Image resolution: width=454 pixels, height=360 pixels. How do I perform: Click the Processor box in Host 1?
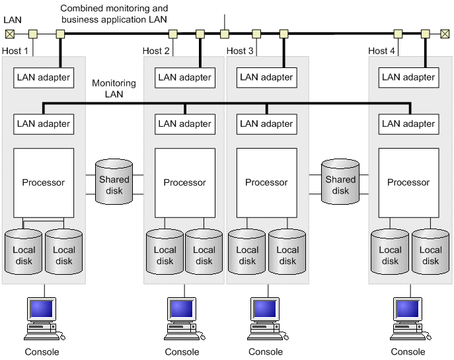pyautogui.click(x=44, y=183)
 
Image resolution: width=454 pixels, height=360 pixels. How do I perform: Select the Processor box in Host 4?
pyautogui.click(x=408, y=183)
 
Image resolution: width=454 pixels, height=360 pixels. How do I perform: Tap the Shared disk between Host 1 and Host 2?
pyautogui.click(x=114, y=180)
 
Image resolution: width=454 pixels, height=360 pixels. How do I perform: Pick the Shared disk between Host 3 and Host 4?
pyautogui.click(x=340, y=180)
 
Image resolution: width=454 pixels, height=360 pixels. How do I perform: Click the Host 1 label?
pyautogui.click(x=16, y=51)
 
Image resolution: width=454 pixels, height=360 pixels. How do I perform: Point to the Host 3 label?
pyautogui.click(x=240, y=51)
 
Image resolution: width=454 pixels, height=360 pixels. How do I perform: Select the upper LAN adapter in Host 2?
pyautogui.click(x=185, y=77)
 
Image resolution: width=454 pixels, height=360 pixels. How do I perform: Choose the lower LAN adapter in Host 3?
pyautogui.click(x=266, y=124)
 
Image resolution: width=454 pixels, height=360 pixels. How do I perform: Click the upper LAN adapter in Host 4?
pyautogui.click(x=408, y=77)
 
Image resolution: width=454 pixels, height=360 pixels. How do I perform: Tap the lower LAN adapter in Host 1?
pyautogui.click(x=44, y=124)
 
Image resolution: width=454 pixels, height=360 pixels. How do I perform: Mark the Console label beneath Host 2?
pyautogui.click(x=182, y=352)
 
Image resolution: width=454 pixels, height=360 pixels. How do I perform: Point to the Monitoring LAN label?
pyautogui.click(x=114, y=89)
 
